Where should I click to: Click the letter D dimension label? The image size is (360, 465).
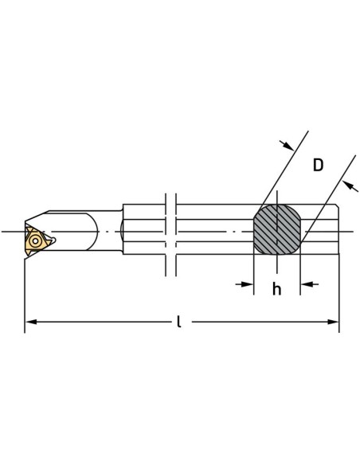point(318,165)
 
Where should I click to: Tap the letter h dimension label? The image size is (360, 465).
point(276,289)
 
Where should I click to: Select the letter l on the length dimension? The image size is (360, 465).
point(178,322)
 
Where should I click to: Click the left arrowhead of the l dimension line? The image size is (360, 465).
point(31,322)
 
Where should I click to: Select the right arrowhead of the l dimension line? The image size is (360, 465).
point(333,322)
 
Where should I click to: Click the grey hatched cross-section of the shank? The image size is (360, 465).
point(277,229)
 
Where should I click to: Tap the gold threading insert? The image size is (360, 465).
point(36,240)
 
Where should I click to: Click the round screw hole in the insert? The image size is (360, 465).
point(35,240)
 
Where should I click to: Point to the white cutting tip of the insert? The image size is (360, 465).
point(53,240)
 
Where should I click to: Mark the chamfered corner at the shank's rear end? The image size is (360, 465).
point(338,205)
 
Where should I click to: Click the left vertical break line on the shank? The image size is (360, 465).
point(166,235)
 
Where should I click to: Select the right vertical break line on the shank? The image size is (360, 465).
point(176,235)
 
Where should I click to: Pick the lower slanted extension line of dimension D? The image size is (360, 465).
point(329,198)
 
